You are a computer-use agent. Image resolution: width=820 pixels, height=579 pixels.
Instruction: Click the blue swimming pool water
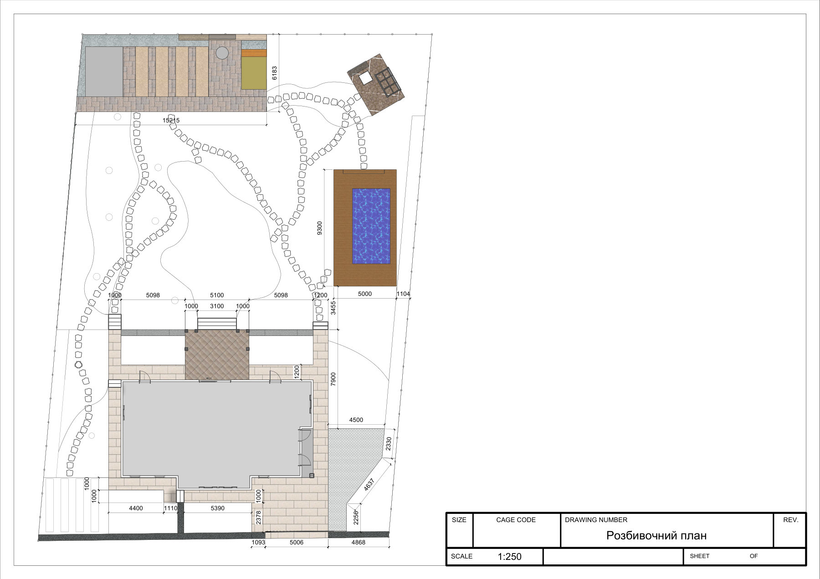click(x=371, y=226)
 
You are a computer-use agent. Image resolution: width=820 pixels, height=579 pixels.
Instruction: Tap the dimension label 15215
click(x=171, y=120)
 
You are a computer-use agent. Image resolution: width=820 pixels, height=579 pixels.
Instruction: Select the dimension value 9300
click(x=320, y=228)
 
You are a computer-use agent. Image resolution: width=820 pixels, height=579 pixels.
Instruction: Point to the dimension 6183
click(x=274, y=73)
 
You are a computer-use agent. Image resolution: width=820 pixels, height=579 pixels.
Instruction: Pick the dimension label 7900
click(x=333, y=380)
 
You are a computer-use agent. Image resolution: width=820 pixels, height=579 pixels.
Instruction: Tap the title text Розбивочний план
click(x=656, y=536)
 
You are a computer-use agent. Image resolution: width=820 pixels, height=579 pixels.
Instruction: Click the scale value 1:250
click(x=509, y=556)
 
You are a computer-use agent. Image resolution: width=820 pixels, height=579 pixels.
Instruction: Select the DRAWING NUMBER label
click(x=596, y=520)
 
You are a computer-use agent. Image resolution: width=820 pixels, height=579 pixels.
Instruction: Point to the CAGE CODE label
click(x=516, y=520)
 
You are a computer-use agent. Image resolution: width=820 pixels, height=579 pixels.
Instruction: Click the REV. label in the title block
click(x=791, y=520)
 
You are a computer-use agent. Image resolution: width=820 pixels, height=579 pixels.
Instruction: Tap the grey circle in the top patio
click(x=222, y=53)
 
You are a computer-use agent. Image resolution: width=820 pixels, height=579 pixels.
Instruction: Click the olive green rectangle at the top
click(x=254, y=73)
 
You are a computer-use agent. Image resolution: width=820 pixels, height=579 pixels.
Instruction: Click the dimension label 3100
click(x=217, y=306)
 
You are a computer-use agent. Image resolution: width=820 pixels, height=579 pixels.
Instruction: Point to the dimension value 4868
click(x=359, y=543)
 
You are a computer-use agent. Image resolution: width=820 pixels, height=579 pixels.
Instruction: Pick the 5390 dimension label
click(x=218, y=508)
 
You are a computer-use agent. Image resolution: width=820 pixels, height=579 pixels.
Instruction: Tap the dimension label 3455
click(x=333, y=308)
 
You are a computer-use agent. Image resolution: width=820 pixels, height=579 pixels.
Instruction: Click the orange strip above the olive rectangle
click(x=254, y=53)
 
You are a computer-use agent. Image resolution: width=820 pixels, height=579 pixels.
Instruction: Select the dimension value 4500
click(x=356, y=420)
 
